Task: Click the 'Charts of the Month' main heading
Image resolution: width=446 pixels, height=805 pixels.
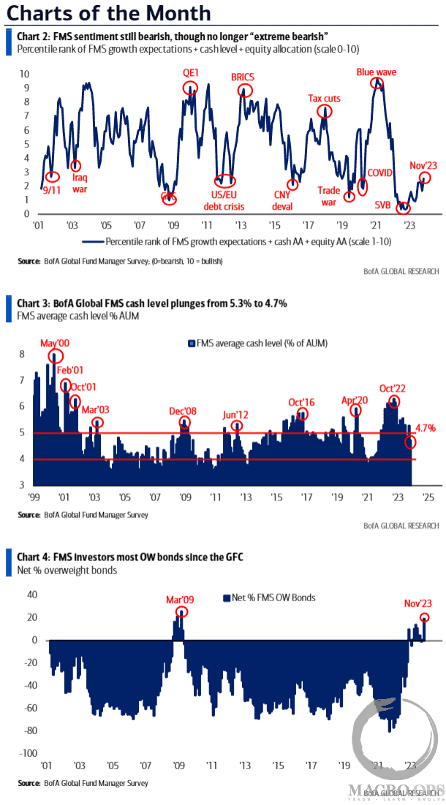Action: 108,13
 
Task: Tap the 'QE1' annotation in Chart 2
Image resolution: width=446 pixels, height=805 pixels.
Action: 191,73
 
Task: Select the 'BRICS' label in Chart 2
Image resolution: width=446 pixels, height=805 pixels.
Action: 242,77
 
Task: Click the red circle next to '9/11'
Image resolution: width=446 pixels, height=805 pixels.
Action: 52,177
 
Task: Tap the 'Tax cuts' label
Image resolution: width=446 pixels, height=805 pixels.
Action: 324,98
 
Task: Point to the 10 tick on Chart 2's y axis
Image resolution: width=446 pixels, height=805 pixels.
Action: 24,75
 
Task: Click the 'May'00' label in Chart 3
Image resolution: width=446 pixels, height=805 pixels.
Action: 53,343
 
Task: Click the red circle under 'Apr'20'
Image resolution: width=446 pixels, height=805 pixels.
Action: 357,411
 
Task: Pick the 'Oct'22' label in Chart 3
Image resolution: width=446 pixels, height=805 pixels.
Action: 393,388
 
